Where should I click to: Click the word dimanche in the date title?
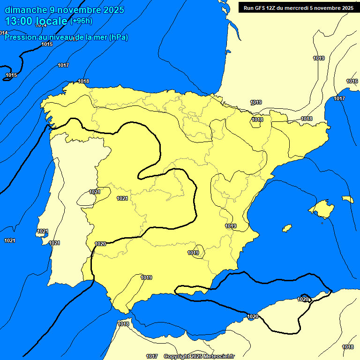pyautogui.click(x=26, y=10)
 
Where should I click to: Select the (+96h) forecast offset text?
pyautogui.click(x=81, y=21)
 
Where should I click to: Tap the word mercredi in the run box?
pyautogui.click(x=304, y=8)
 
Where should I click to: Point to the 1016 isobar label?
pyautogui.click(x=352, y=82)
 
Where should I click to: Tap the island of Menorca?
pyautogui.click(x=347, y=199)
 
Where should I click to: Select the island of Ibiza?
pyautogui.click(x=286, y=228)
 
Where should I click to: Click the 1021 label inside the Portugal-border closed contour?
pyautogui.click(x=95, y=192)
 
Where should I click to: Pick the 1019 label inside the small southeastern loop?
pyautogui.click(x=193, y=253)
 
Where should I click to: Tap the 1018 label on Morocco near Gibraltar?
pyautogui.click(x=123, y=324)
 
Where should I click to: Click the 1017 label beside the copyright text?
pyautogui.click(x=151, y=357)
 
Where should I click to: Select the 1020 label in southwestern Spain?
pyautogui.click(x=100, y=244)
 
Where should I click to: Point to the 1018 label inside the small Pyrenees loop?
pyautogui.click(x=257, y=120)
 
